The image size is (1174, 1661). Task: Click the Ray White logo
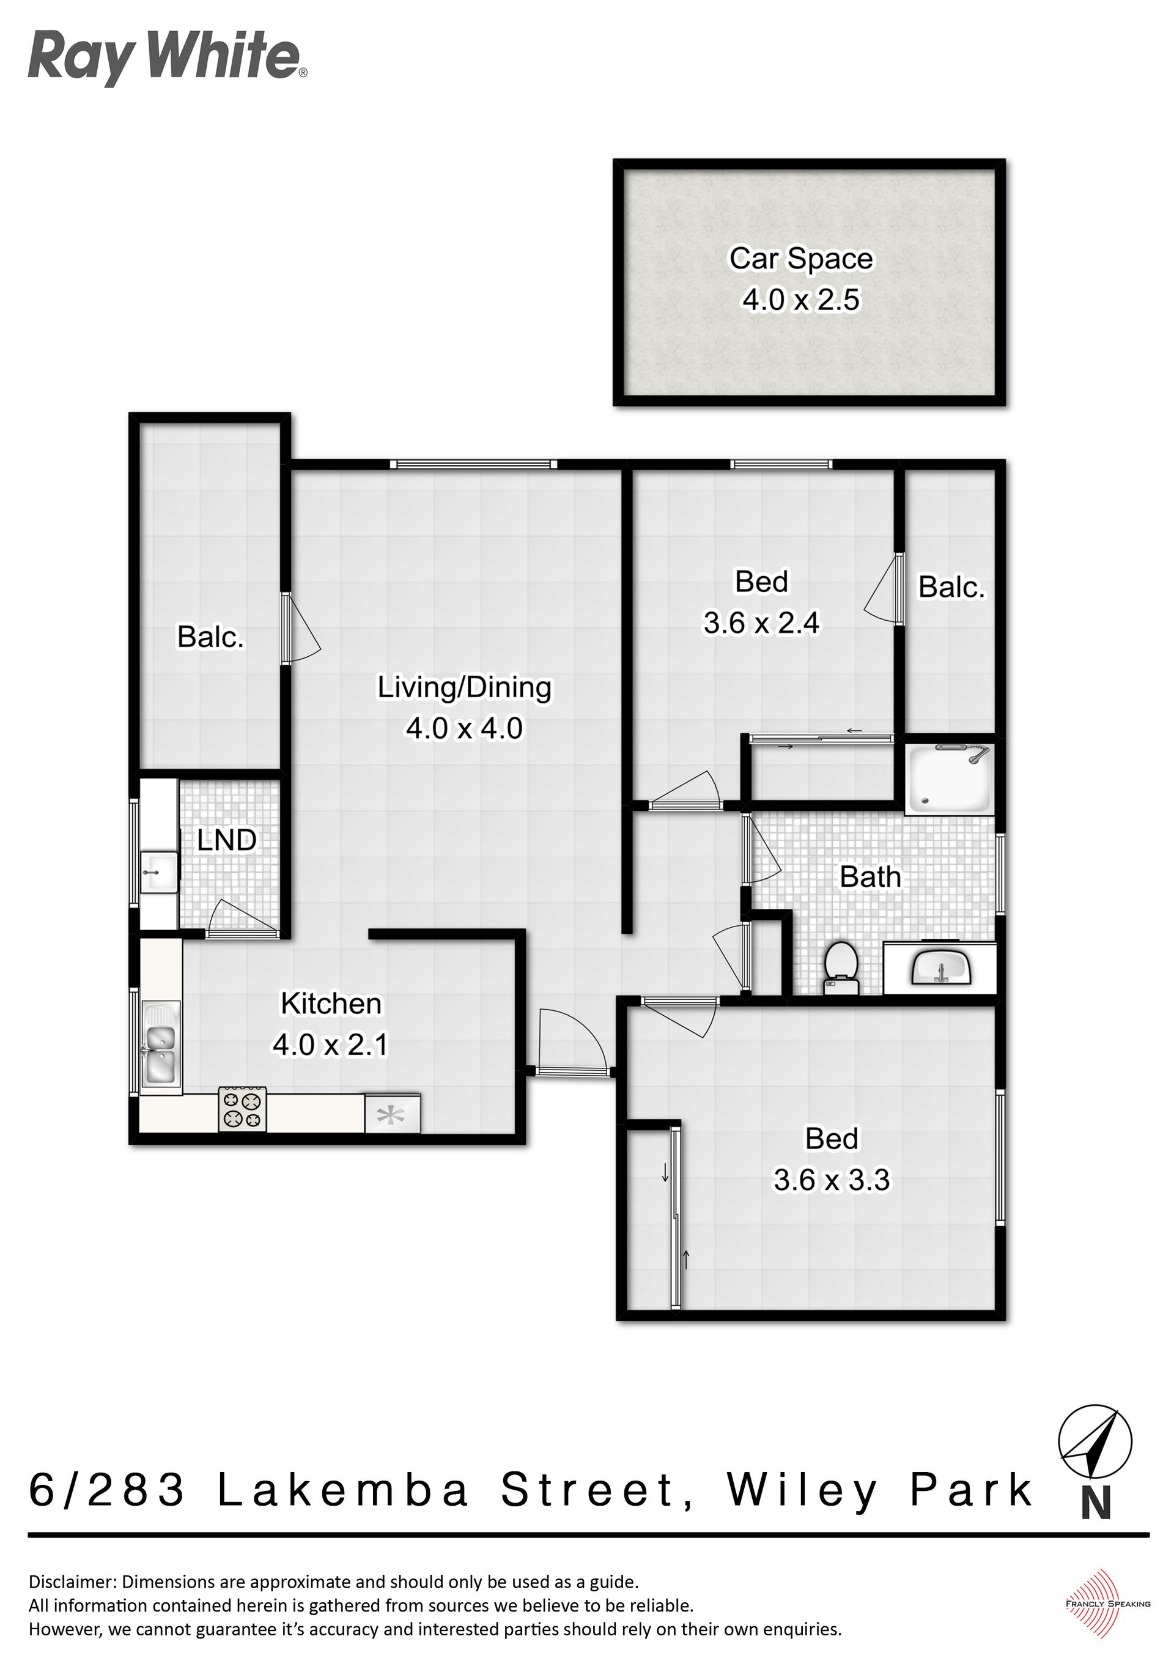click(167, 58)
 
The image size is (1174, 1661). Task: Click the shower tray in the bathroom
click(948, 779)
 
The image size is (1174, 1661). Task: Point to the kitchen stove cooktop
click(242, 1109)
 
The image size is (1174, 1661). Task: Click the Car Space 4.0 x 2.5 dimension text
click(801, 299)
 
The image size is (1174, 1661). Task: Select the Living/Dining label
click(464, 687)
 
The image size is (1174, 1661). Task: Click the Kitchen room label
click(331, 1004)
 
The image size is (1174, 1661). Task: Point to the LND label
click(227, 840)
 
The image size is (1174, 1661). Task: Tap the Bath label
click(870, 877)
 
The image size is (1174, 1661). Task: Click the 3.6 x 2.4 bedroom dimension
click(762, 623)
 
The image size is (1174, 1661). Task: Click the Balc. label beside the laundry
click(210, 637)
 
